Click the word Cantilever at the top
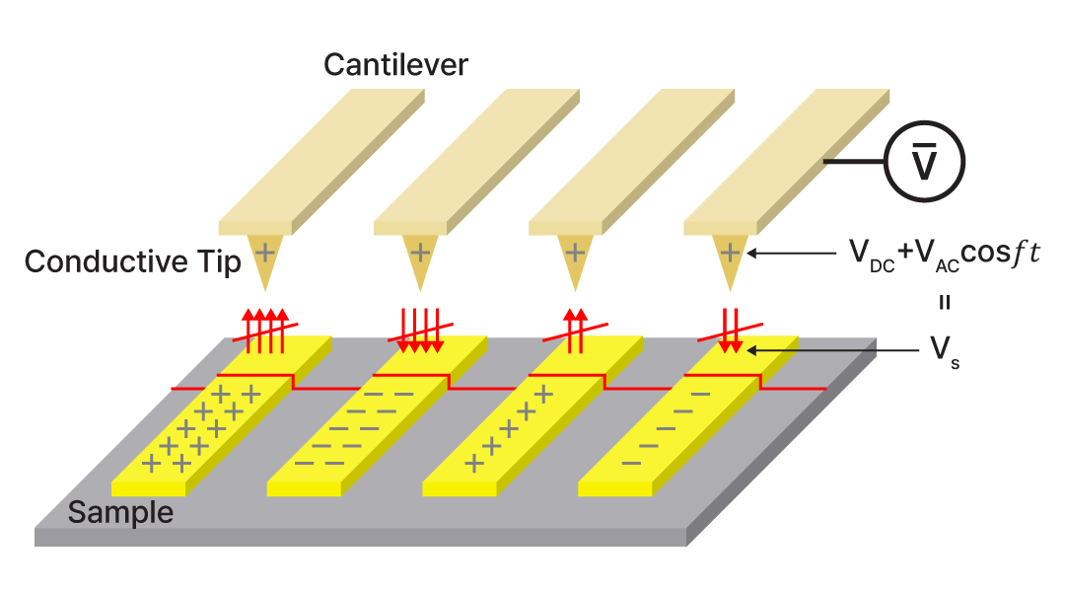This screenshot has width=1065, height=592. [395, 66]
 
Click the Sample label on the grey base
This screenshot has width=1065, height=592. [120, 513]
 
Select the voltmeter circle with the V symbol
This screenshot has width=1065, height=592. [923, 162]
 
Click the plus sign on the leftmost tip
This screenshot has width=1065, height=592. [264, 253]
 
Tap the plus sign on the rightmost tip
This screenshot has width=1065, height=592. [730, 253]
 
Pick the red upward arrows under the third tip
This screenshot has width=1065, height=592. [575, 330]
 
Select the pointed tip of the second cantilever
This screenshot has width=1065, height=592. [419, 262]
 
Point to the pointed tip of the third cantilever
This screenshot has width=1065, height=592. [575, 262]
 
